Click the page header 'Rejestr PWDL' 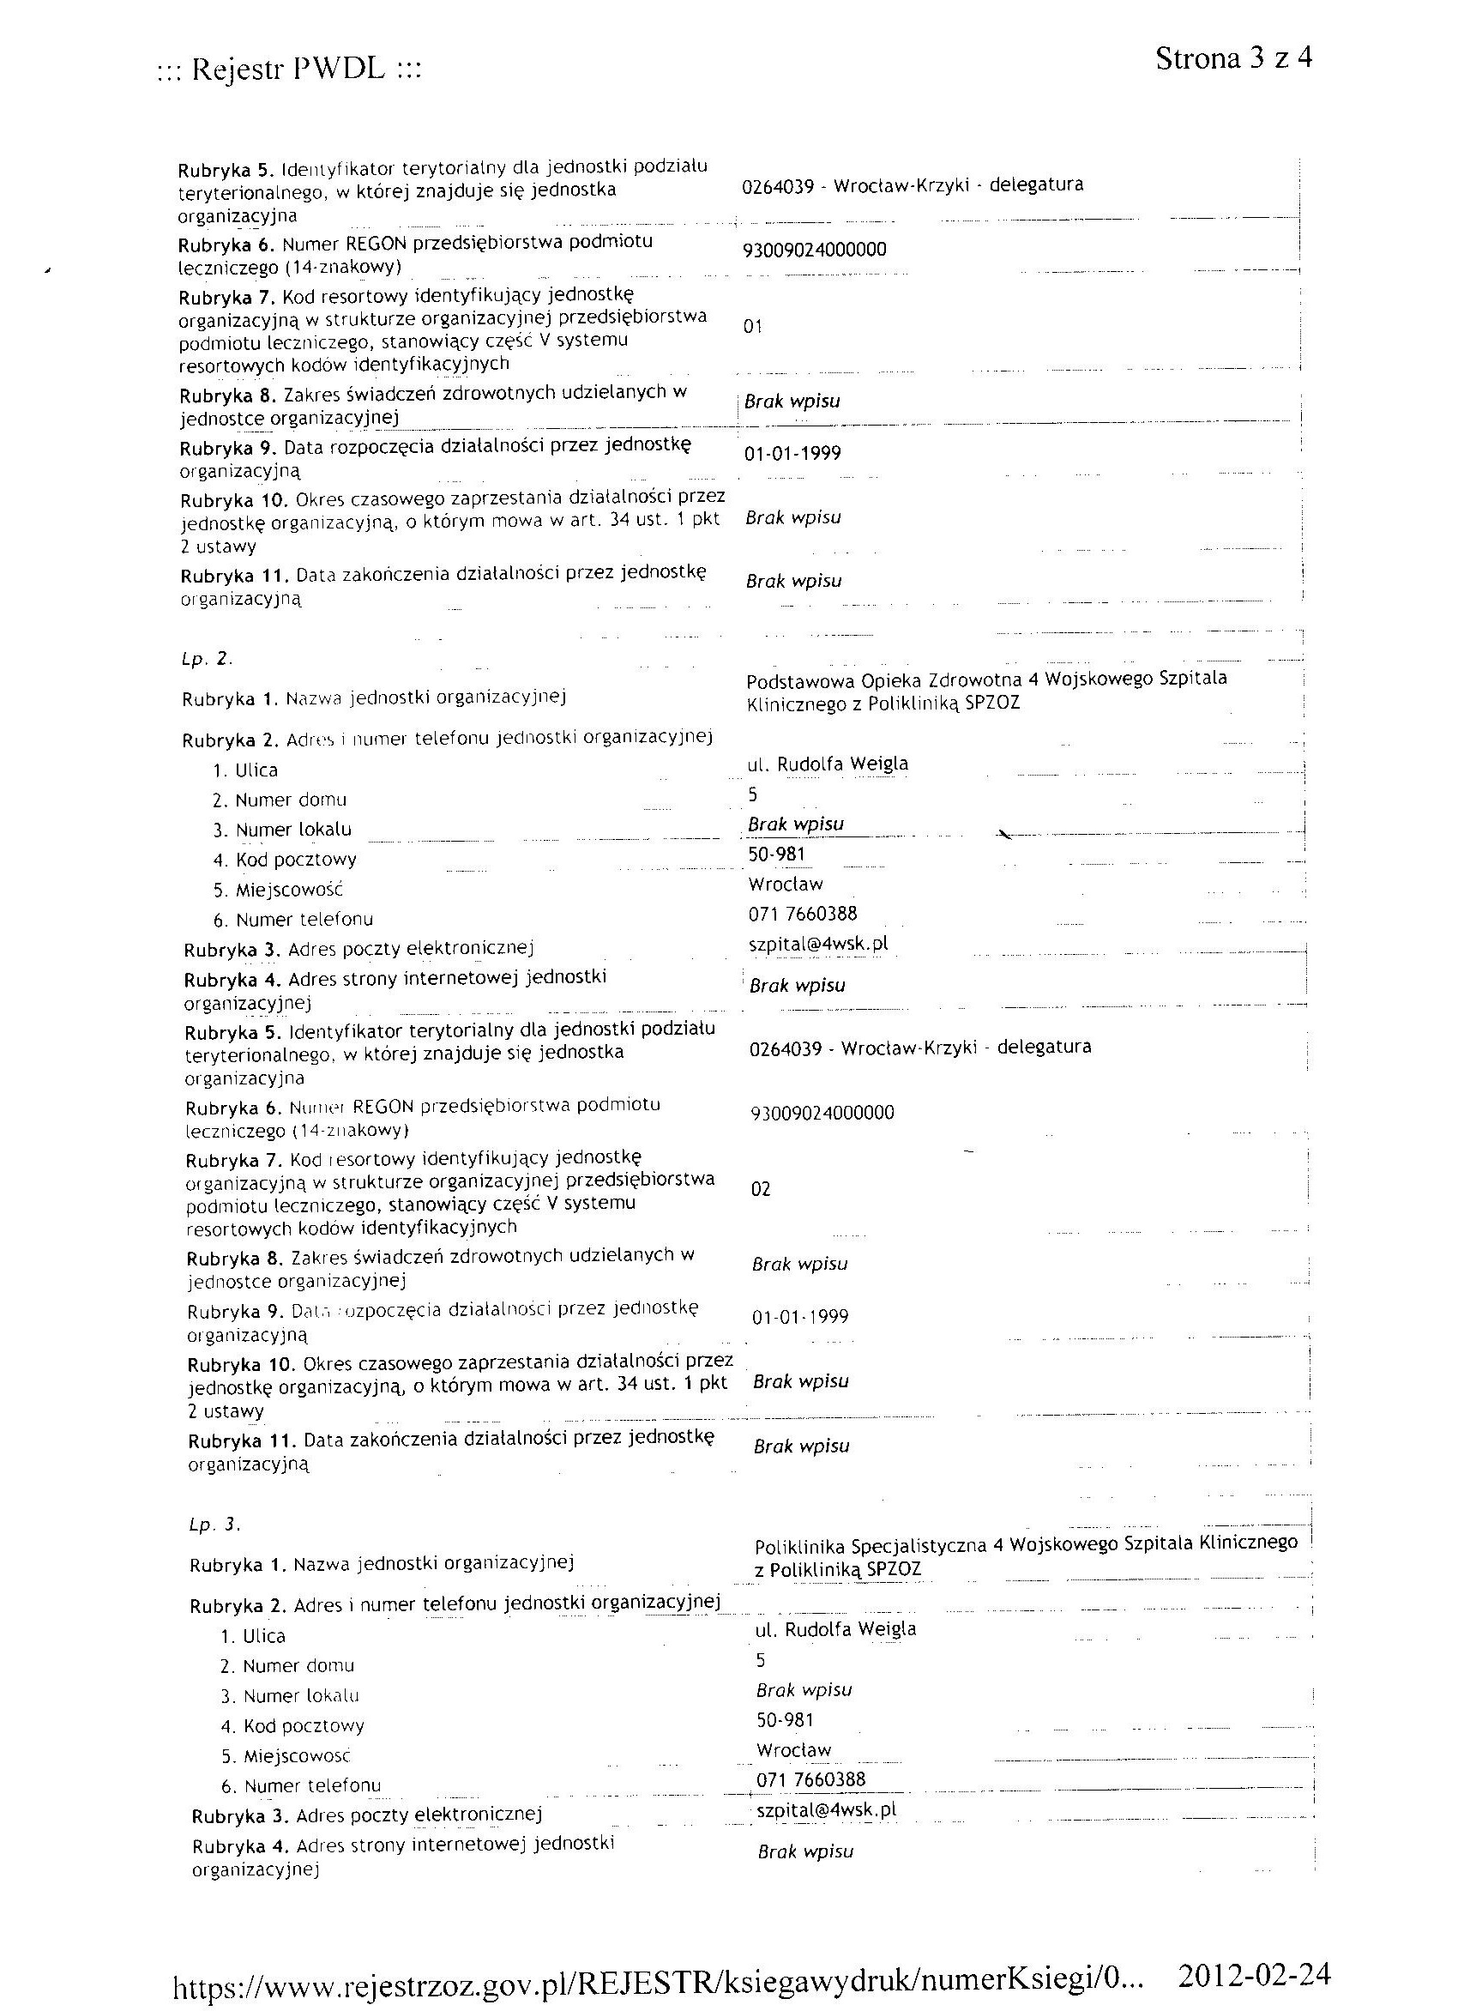[288, 69]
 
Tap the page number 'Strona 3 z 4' [1233, 58]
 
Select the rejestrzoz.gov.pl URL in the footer [659, 1977]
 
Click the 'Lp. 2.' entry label [207, 659]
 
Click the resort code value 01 [752, 327]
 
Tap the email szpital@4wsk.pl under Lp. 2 [818, 945]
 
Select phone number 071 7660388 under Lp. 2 [803, 915]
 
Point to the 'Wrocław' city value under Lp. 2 [786, 884]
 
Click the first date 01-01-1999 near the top [792, 454]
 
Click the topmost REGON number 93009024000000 [815, 250]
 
